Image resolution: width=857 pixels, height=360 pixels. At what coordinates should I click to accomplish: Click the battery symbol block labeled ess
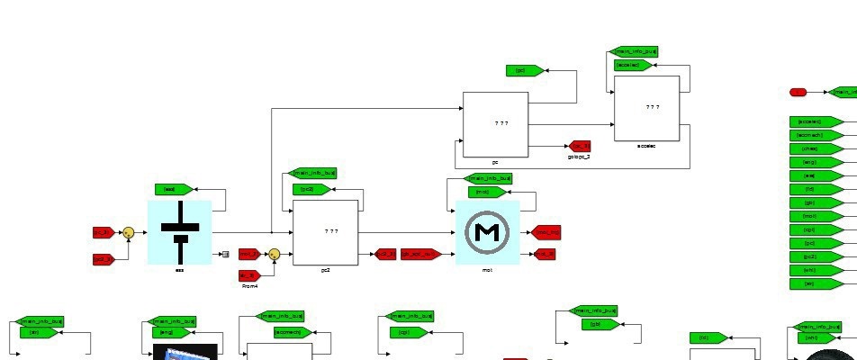pyautogui.click(x=179, y=232)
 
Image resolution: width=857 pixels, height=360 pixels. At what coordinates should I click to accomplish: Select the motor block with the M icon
pyautogui.click(x=487, y=232)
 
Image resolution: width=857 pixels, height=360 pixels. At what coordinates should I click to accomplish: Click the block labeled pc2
pyautogui.click(x=325, y=232)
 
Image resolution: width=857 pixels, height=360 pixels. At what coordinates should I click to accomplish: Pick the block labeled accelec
pyautogui.click(x=646, y=108)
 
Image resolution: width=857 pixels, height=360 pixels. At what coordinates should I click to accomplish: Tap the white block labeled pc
pyautogui.click(x=495, y=124)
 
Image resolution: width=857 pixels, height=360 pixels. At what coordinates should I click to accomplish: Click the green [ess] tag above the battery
pyautogui.click(x=173, y=189)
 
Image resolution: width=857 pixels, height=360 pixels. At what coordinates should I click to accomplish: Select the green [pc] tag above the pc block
pyautogui.click(x=523, y=70)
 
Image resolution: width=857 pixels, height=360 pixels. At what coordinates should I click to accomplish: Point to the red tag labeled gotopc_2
pyautogui.click(x=579, y=146)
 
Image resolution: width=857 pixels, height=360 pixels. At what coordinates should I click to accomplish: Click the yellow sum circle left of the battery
pyautogui.click(x=129, y=232)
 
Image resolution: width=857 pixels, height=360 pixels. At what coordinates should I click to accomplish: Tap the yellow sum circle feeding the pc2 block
pyautogui.click(x=275, y=255)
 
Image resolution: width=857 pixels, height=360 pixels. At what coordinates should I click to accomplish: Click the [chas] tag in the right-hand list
pyautogui.click(x=816, y=148)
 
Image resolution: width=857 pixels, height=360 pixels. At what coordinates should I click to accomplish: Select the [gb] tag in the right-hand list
pyautogui.click(x=816, y=202)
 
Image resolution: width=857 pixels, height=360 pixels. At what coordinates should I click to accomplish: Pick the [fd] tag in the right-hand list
pyautogui.click(x=816, y=189)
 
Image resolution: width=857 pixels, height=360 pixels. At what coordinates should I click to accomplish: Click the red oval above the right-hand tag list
pyautogui.click(x=798, y=92)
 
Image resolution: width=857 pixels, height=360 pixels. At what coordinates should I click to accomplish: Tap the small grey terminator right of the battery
pyautogui.click(x=225, y=255)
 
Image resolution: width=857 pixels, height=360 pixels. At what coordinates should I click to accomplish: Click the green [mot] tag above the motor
pyautogui.click(x=486, y=192)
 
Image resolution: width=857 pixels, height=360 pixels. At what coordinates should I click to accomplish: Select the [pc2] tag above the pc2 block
pyautogui.click(x=311, y=189)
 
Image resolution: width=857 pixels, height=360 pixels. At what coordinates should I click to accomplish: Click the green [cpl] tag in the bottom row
pyautogui.click(x=410, y=332)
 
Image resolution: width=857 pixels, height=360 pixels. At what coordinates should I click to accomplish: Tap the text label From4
pyautogui.click(x=249, y=286)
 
